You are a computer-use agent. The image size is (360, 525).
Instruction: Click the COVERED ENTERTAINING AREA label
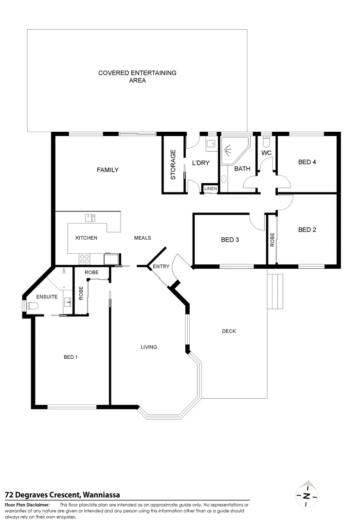tap(137, 77)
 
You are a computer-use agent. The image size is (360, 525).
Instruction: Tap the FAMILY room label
tap(108, 170)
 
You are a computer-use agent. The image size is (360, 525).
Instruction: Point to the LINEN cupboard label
tap(210, 189)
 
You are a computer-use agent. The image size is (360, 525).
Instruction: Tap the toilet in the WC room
tap(266, 141)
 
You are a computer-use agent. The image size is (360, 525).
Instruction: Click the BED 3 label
tap(230, 240)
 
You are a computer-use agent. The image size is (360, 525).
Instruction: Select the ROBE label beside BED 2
tap(272, 240)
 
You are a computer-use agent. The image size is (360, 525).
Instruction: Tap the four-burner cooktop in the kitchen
tap(84, 258)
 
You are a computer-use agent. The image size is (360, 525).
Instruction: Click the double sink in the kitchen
tap(90, 217)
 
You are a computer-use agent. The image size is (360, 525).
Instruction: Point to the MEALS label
tap(143, 238)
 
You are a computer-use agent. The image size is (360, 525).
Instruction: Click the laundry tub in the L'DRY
tap(211, 143)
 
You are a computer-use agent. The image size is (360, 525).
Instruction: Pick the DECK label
tap(229, 332)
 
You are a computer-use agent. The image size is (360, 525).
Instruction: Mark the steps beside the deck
tap(275, 291)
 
